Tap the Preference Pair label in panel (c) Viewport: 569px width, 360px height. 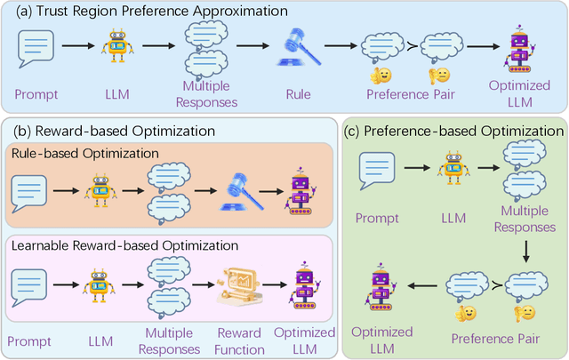(488, 339)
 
